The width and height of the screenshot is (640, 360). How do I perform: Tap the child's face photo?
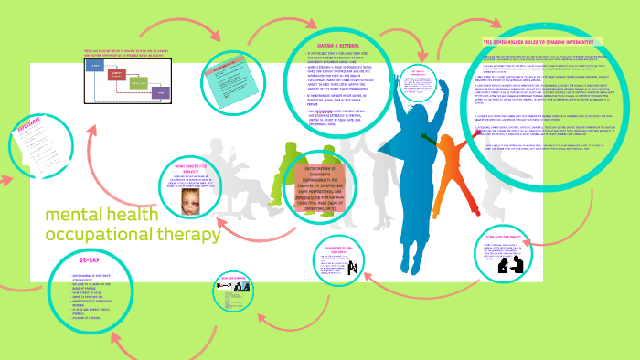(201, 205)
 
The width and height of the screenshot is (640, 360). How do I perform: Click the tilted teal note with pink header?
(223, 82)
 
